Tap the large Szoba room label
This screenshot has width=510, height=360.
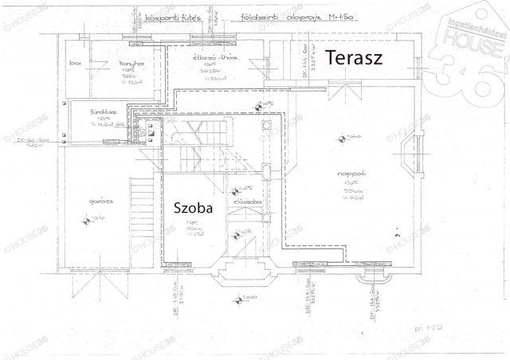[x=193, y=208]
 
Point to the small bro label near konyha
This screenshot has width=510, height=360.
[x=76, y=62]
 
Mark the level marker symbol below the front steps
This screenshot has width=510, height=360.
[x=234, y=300]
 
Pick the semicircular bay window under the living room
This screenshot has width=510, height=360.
[x=371, y=279]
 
